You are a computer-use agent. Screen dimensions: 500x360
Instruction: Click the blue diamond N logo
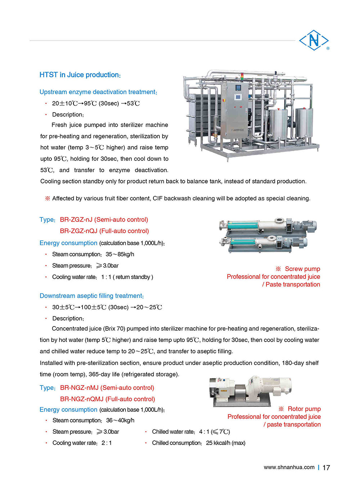(x=314, y=40)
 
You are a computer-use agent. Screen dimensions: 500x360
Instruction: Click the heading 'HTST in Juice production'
(x=80, y=75)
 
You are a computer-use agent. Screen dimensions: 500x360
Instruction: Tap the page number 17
(x=326, y=468)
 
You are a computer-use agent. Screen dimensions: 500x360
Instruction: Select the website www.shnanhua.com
(x=289, y=467)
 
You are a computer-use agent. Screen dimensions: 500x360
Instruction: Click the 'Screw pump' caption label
(x=302, y=269)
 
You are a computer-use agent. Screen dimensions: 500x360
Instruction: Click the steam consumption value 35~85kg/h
(x=120, y=254)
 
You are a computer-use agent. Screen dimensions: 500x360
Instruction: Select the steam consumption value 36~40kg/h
(x=120, y=420)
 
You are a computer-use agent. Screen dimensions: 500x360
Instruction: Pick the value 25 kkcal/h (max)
(x=225, y=443)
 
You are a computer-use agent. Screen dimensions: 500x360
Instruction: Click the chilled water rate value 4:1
(x=204, y=432)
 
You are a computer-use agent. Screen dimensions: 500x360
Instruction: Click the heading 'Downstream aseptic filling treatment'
(x=91, y=296)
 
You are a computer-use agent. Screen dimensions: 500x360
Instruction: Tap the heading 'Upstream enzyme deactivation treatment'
(x=98, y=92)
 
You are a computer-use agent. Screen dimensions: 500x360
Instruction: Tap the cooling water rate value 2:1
(x=107, y=443)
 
